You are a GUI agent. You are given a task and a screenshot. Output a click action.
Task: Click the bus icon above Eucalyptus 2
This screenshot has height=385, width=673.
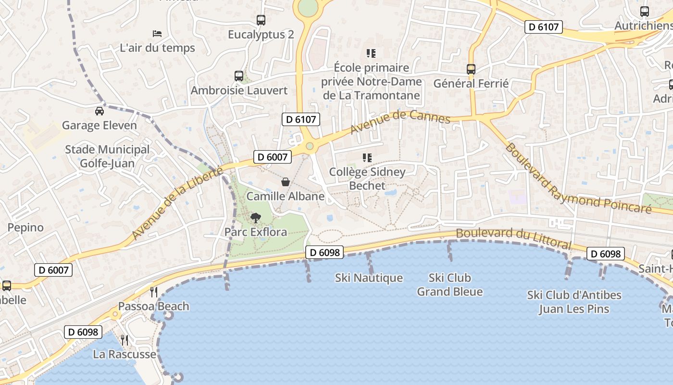(x=261, y=20)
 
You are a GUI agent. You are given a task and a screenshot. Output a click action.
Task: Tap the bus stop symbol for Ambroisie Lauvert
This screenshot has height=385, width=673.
(x=239, y=76)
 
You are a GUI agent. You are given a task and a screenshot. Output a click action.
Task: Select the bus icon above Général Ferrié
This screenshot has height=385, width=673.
(x=471, y=69)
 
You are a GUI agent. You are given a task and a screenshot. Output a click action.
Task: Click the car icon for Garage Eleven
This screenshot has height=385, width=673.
(x=100, y=111)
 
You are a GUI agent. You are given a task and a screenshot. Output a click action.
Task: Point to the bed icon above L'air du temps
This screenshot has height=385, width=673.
(x=157, y=34)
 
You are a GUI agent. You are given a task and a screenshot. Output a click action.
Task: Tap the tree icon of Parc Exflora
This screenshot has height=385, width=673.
(x=256, y=218)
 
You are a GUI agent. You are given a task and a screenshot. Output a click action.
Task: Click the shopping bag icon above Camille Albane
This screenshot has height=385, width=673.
(x=286, y=182)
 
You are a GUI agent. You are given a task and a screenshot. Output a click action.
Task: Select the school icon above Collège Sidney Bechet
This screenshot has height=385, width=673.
(x=368, y=157)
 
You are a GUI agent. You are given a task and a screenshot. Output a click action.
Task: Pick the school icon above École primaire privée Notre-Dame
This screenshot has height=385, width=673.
(x=371, y=53)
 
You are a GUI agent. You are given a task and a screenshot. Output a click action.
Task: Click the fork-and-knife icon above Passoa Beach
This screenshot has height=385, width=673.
(x=154, y=292)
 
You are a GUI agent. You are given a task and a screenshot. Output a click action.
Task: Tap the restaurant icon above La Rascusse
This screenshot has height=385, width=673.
(x=125, y=340)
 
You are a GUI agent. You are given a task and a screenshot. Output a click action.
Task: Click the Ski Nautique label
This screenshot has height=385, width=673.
(x=369, y=278)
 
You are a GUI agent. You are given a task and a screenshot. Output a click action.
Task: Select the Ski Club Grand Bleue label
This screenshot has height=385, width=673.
(x=450, y=284)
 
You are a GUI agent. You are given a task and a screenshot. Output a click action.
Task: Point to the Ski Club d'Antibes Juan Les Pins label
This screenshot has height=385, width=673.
(x=574, y=302)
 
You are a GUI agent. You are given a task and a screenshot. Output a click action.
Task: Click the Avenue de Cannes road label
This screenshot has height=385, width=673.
(x=400, y=121)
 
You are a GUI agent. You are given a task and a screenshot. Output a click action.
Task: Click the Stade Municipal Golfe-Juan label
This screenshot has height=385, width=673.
(x=107, y=156)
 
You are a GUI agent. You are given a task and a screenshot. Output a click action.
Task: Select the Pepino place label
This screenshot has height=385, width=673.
(x=25, y=227)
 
